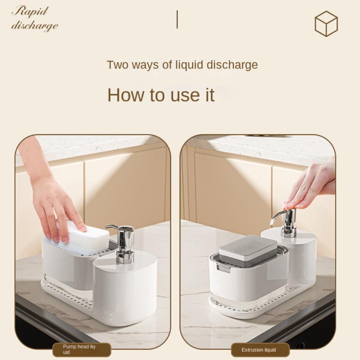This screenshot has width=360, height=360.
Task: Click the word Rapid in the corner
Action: (x=30, y=11)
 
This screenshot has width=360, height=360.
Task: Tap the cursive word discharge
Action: (x=35, y=26)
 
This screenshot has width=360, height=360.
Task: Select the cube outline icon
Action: (x=326, y=23)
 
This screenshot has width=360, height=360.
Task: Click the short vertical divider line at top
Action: (x=177, y=19)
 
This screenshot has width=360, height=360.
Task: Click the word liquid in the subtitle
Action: (x=189, y=65)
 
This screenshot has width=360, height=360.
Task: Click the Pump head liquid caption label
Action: (x=82, y=350)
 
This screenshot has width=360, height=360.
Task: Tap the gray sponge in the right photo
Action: (x=248, y=248)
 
